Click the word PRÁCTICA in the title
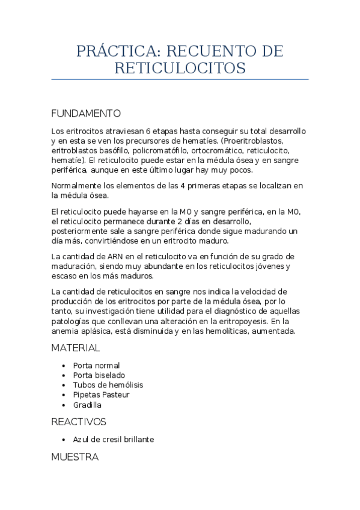pos(117,52)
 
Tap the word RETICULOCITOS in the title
pos(180,68)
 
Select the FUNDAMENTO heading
pos(86,113)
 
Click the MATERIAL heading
pos(75,348)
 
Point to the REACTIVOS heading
pos(79,422)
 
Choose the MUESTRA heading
pos(75,457)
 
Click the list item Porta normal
pos(96,365)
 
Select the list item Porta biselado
pos(99,375)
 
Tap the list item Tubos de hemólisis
pos(108,385)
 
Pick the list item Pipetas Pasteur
pos(101,395)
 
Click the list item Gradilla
pos(87,405)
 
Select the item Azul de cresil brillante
pos(114,440)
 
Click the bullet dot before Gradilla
pos(63,405)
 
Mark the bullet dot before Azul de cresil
pos(63,440)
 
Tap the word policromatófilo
pos(160,151)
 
